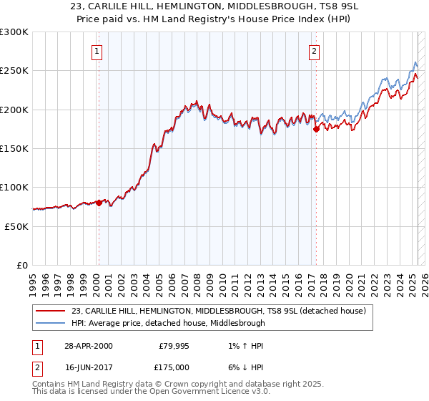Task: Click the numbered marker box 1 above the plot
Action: pos(97,51)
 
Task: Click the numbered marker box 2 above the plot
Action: pos(314,51)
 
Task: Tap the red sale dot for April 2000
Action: pos(99,203)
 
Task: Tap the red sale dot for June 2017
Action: pos(316,130)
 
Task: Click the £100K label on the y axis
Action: pos(15,188)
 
